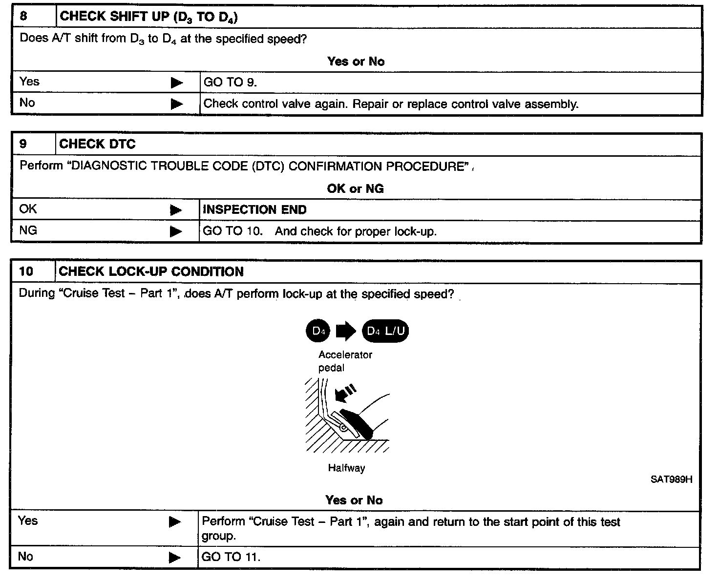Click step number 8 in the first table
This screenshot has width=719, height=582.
(23, 16)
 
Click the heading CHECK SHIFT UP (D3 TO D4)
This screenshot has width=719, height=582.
(148, 17)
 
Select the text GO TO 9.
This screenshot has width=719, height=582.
(230, 83)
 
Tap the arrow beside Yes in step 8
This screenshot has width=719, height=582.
(177, 83)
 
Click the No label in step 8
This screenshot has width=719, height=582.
(27, 103)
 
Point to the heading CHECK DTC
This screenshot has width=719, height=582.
(97, 144)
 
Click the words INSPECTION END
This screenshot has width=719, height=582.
(254, 210)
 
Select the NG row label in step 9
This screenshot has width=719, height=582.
(28, 230)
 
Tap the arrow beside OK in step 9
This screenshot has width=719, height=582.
(176, 210)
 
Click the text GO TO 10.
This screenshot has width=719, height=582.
(233, 231)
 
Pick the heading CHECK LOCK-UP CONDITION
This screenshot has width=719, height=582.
(151, 271)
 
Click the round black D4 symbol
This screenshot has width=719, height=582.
(318, 332)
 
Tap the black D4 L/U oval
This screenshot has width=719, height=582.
(385, 332)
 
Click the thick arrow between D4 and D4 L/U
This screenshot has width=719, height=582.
(346, 332)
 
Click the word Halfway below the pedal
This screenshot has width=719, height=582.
(346, 468)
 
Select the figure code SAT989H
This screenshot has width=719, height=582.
(671, 479)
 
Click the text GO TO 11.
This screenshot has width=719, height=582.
(231, 557)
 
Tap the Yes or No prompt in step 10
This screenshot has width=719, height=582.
(354, 500)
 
